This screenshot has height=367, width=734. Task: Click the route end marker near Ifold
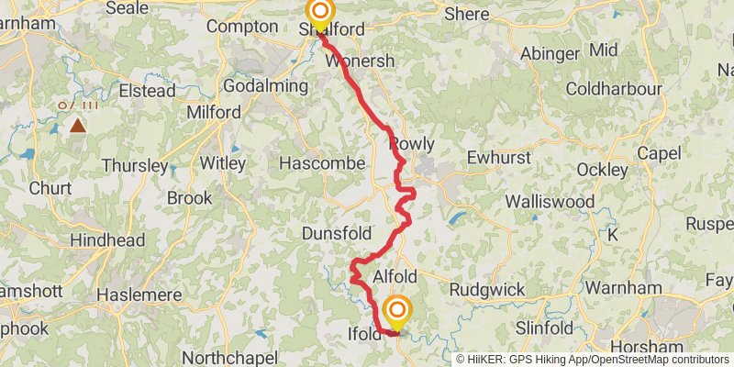click(x=397, y=312)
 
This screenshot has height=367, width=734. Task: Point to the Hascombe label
click(x=322, y=163)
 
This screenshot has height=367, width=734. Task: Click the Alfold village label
click(x=395, y=277)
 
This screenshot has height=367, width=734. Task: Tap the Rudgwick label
click(x=487, y=290)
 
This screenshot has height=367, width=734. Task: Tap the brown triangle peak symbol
click(x=78, y=126)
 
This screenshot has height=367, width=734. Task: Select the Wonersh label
click(x=361, y=61)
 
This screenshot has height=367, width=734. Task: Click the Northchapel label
click(x=228, y=357)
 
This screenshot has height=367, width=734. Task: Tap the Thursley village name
click(x=135, y=166)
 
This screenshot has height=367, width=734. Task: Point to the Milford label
click(x=214, y=113)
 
